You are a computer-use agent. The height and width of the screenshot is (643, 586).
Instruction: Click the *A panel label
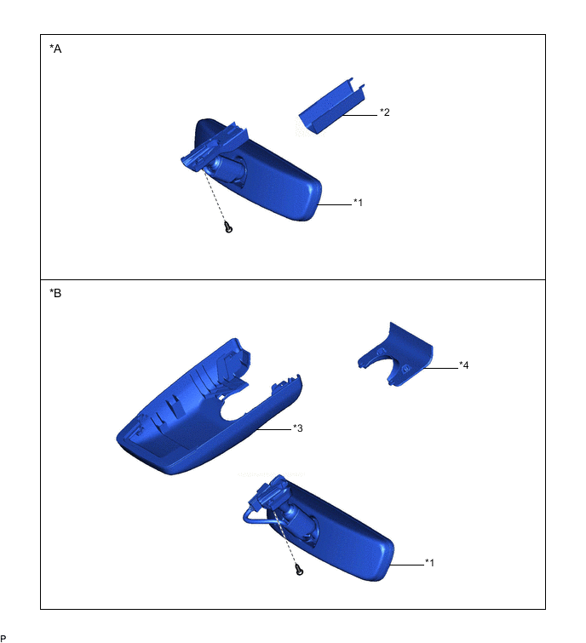[55, 49]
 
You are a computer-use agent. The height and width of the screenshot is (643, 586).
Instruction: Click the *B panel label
[55, 293]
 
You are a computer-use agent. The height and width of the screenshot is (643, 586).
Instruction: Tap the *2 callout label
[385, 112]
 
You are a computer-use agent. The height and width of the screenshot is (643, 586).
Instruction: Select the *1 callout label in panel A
[358, 203]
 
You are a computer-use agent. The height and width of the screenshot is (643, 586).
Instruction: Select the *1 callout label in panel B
[429, 563]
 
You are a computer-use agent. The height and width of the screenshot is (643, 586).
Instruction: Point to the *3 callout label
[298, 428]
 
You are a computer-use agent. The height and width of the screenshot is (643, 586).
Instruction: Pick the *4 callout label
[464, 365]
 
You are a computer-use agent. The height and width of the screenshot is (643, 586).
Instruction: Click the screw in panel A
[228, 227]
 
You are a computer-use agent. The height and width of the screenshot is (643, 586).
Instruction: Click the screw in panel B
[299, 569]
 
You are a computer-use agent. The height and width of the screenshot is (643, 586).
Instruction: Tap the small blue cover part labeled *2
[331, 107]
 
